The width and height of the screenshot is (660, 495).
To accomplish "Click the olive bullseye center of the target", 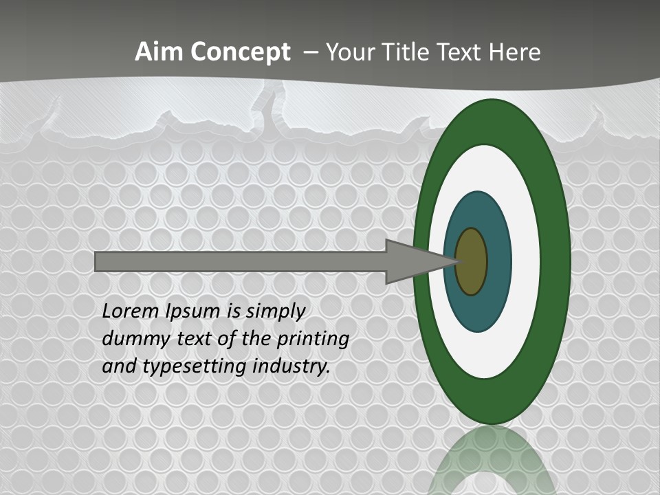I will pyautogui.click(x=472, y=262).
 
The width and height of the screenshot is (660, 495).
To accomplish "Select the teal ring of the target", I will pyautogui.click(x=498, y=262).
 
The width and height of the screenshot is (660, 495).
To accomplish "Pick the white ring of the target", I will pyautogui.click(x=526, y=262).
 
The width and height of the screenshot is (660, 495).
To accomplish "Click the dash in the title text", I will pyautogui.click(x=310, y=52).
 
